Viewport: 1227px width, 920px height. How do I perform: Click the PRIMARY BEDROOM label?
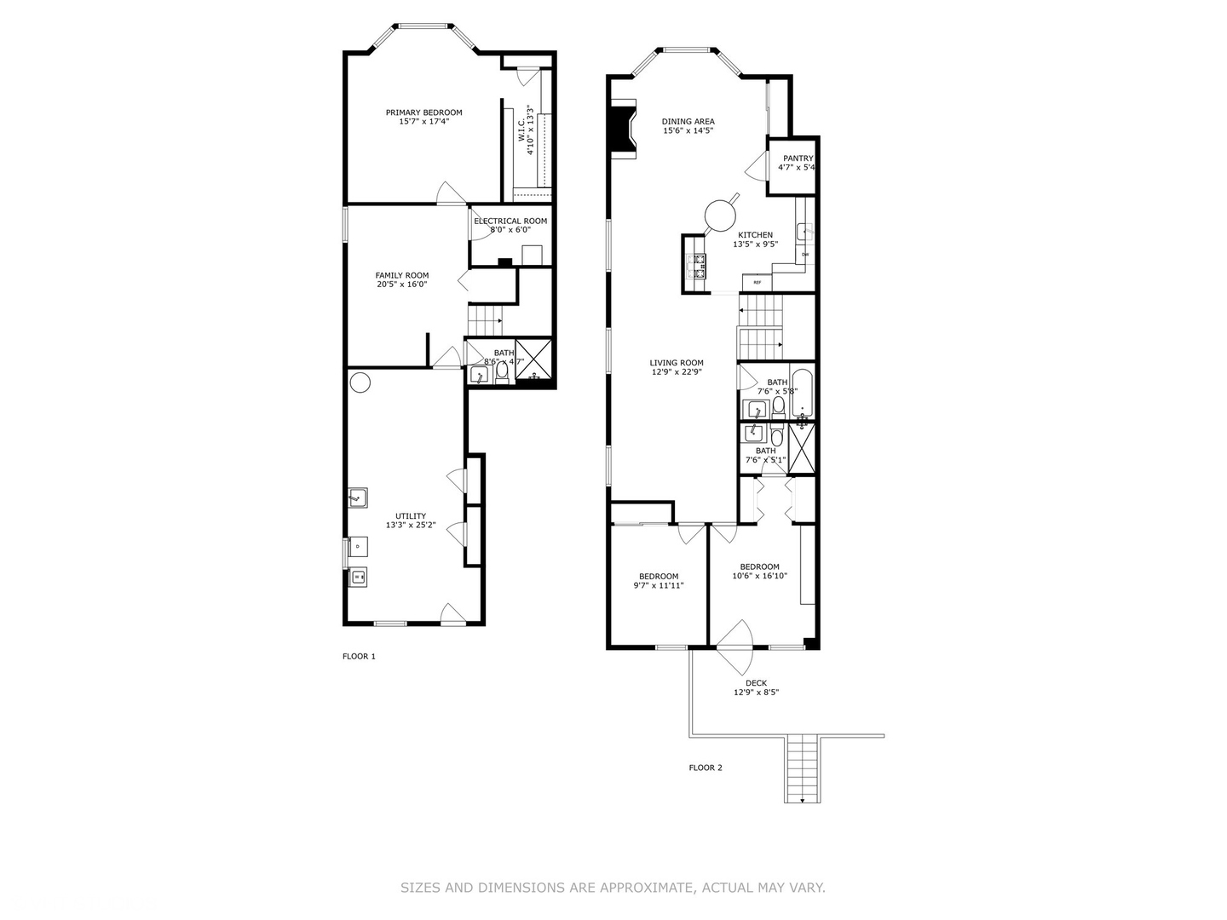[x=423, y=112]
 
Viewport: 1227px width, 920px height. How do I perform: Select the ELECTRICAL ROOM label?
[x=510, y=221]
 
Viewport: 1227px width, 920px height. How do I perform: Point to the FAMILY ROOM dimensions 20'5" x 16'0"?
[x=401, y=285]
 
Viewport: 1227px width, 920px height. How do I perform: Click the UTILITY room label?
[x=410, y=515]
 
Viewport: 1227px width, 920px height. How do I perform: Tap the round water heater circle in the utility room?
[x=360, y=382]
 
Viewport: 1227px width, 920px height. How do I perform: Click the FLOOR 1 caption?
[x=358, y=656]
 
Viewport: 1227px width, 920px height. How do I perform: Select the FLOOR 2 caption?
[x=705, y=768]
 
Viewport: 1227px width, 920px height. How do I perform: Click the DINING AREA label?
[x=688, y=122]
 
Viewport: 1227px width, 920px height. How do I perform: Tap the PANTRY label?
[x=798, y=158]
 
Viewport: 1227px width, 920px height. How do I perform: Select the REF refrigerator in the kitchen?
[x=757, y=282]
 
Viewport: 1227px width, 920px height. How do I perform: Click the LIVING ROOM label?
[x=677, y=363]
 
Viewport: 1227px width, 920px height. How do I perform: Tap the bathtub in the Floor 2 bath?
[x=802, y=393]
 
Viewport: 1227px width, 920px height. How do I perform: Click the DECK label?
[x=756, y=682]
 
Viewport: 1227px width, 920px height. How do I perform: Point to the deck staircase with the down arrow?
[x=802, y=768]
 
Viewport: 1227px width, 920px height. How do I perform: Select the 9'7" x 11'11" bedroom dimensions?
[x=658, y=585]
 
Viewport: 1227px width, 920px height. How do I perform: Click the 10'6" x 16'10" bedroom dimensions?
[x=758, y=576]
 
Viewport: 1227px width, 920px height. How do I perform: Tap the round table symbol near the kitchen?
[x=720, y=211]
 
